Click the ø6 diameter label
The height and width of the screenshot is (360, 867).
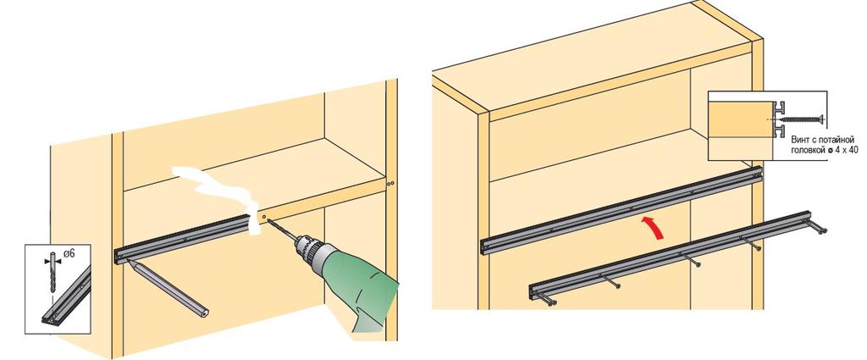(69, 253)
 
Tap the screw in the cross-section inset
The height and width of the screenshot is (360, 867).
(803, 119)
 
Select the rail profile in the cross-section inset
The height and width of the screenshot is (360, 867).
(780, 119)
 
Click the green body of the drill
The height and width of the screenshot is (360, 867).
(362, 287)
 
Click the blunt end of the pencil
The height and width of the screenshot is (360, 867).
(204, 313)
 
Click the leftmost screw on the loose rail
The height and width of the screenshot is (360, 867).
(547, 299)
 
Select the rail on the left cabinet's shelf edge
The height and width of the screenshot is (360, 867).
(183, 238)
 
